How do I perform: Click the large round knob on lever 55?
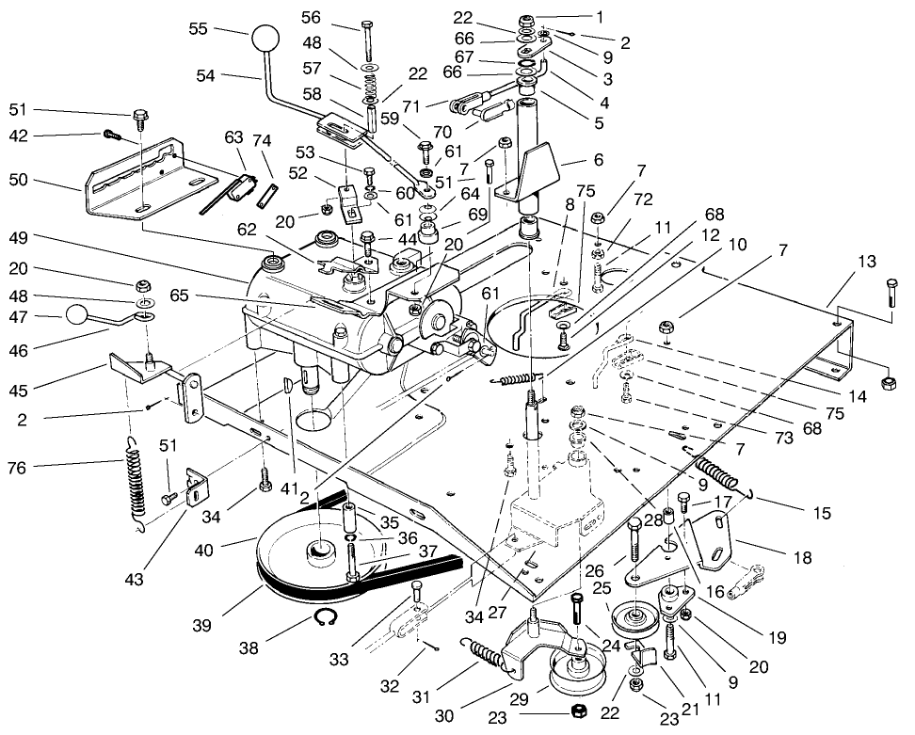pyautogui.click(x=266, y=42)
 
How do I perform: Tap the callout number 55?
pyautogui.click(x=199, y=29)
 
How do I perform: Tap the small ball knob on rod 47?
pyautogui.click(x=76, y=315)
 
